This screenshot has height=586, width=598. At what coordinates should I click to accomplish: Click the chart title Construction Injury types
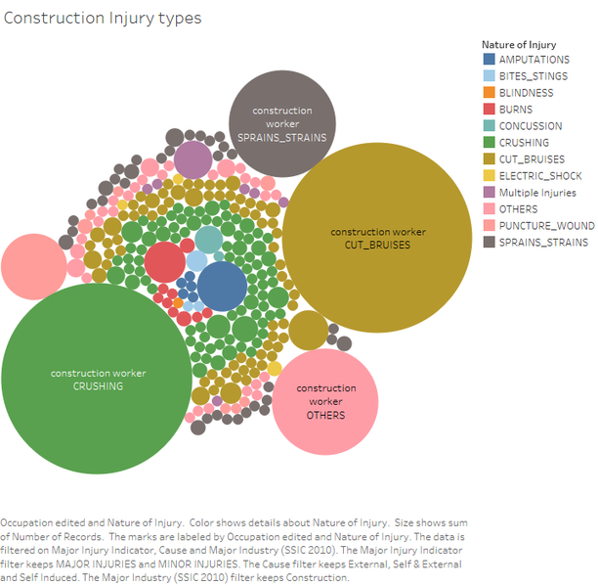coord(103,18)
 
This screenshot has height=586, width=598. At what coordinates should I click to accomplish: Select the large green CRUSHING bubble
coord(97,379)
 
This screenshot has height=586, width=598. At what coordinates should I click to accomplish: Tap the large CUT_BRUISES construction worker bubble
coord(377,238)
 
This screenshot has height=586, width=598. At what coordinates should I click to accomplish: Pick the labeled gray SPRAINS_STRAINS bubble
coord(282,123)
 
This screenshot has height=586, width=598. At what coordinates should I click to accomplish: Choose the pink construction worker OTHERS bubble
coord(325,402)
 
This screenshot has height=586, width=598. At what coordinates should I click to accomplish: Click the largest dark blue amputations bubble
coord(223,287)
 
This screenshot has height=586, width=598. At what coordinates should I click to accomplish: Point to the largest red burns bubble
coord(165,262)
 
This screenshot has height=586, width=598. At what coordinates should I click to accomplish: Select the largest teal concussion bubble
coord(208,240)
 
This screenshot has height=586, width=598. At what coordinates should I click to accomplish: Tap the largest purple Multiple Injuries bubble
coord(192,160)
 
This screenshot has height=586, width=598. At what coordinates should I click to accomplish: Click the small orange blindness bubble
coord(178,303)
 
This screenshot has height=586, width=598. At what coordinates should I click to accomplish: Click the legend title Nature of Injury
coord(519,45)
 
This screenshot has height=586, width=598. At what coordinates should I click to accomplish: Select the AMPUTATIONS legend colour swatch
coord(490,59)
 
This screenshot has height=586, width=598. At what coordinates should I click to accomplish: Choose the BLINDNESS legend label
coord(526,93)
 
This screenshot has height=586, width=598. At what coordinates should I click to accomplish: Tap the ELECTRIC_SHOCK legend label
coord(540,176)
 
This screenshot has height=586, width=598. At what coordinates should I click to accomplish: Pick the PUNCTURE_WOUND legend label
coord(547,226)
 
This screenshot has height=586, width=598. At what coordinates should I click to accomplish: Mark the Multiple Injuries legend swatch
coord(490,192)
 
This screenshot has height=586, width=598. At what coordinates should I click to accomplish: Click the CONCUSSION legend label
coord(531,126)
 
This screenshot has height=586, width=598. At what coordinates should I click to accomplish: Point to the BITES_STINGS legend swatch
coord(490,75)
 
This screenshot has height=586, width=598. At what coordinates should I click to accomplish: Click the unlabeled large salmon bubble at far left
coord(34,267)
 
